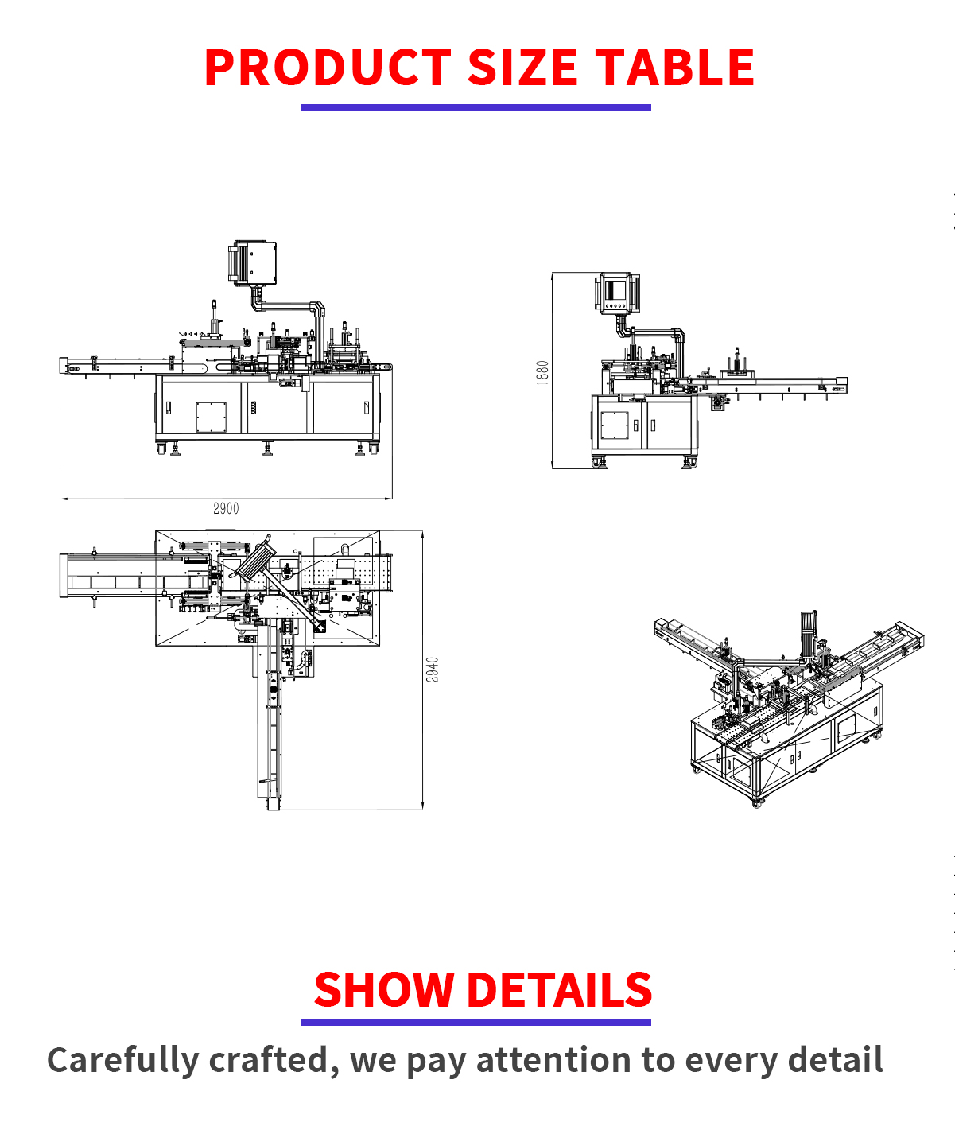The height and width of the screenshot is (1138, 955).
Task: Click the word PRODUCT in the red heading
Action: (328, 67)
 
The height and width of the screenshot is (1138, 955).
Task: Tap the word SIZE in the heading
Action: (522, 67)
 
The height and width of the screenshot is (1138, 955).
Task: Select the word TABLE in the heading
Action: (674, 67)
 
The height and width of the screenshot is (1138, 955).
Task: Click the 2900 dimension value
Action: (226, 508)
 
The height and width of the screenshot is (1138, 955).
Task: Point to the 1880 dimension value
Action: (542, 373)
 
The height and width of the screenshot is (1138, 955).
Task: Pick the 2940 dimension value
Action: (432, 670)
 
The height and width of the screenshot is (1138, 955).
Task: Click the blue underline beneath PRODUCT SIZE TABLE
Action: (476, 108)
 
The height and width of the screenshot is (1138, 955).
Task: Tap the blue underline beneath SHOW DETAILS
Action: (476, 1023)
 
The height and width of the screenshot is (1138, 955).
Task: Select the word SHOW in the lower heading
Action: (384, 990)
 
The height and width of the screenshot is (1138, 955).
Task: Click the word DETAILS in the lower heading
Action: (559, 990)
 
